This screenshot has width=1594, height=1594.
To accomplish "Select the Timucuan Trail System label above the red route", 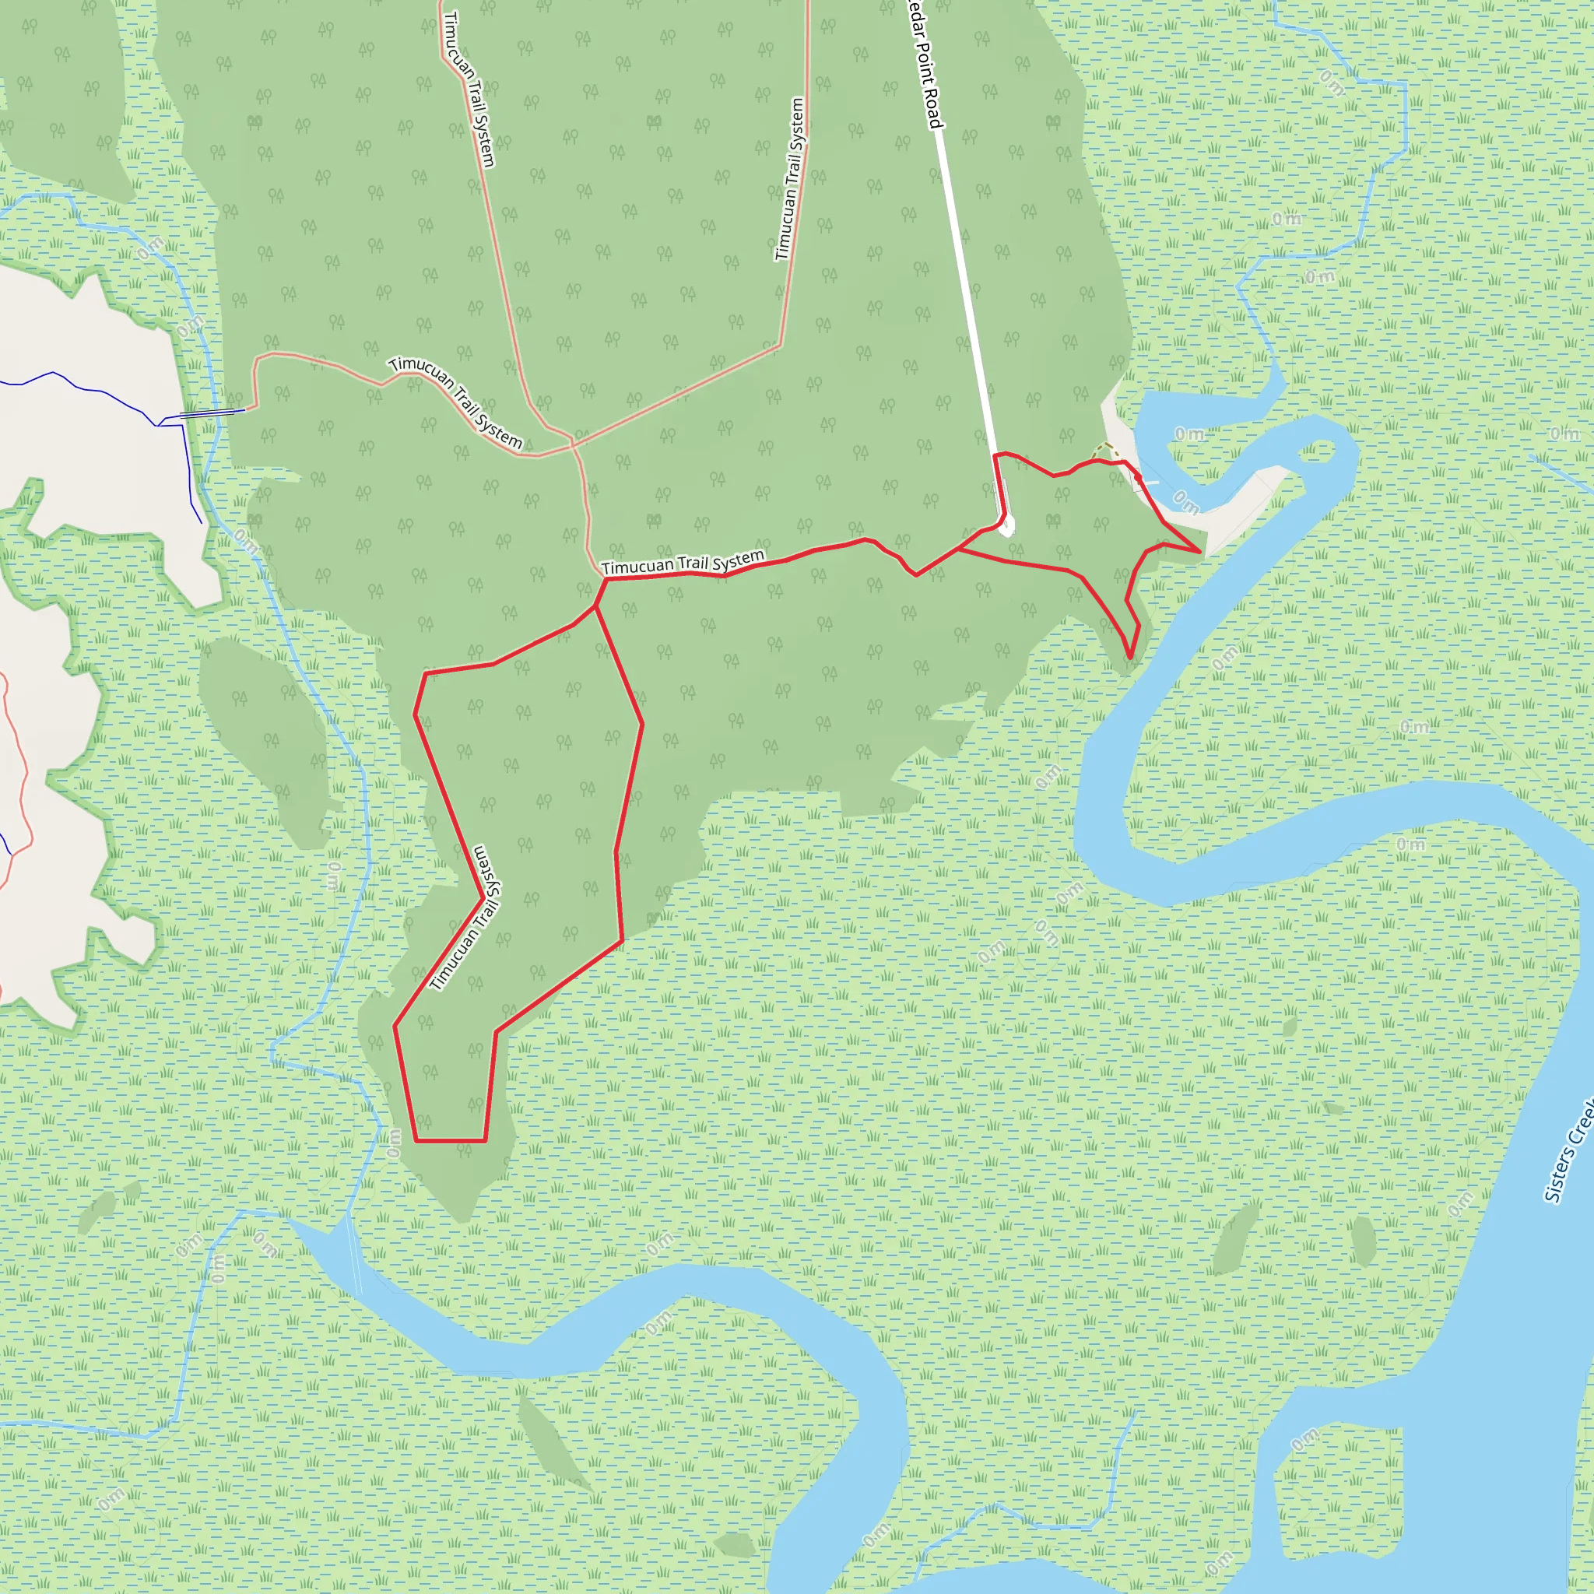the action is [683, 564].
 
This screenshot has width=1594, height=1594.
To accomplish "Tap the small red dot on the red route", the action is [1138, 477].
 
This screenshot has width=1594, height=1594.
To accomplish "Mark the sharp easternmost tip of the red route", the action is [1199, 551].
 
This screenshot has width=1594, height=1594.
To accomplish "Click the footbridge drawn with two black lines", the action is [212, 413].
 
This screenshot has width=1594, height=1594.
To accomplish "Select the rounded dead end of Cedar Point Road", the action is [1006, 528].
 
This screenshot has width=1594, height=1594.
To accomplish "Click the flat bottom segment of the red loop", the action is [451, 1141].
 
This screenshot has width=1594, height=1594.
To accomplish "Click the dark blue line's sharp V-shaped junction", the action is [160, 424].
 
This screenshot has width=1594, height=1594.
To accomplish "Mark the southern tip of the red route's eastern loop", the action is [1130, 658].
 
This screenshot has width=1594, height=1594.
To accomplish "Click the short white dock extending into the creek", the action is [1149, 484].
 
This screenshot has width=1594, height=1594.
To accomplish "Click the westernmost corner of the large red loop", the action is [395, 1027].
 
